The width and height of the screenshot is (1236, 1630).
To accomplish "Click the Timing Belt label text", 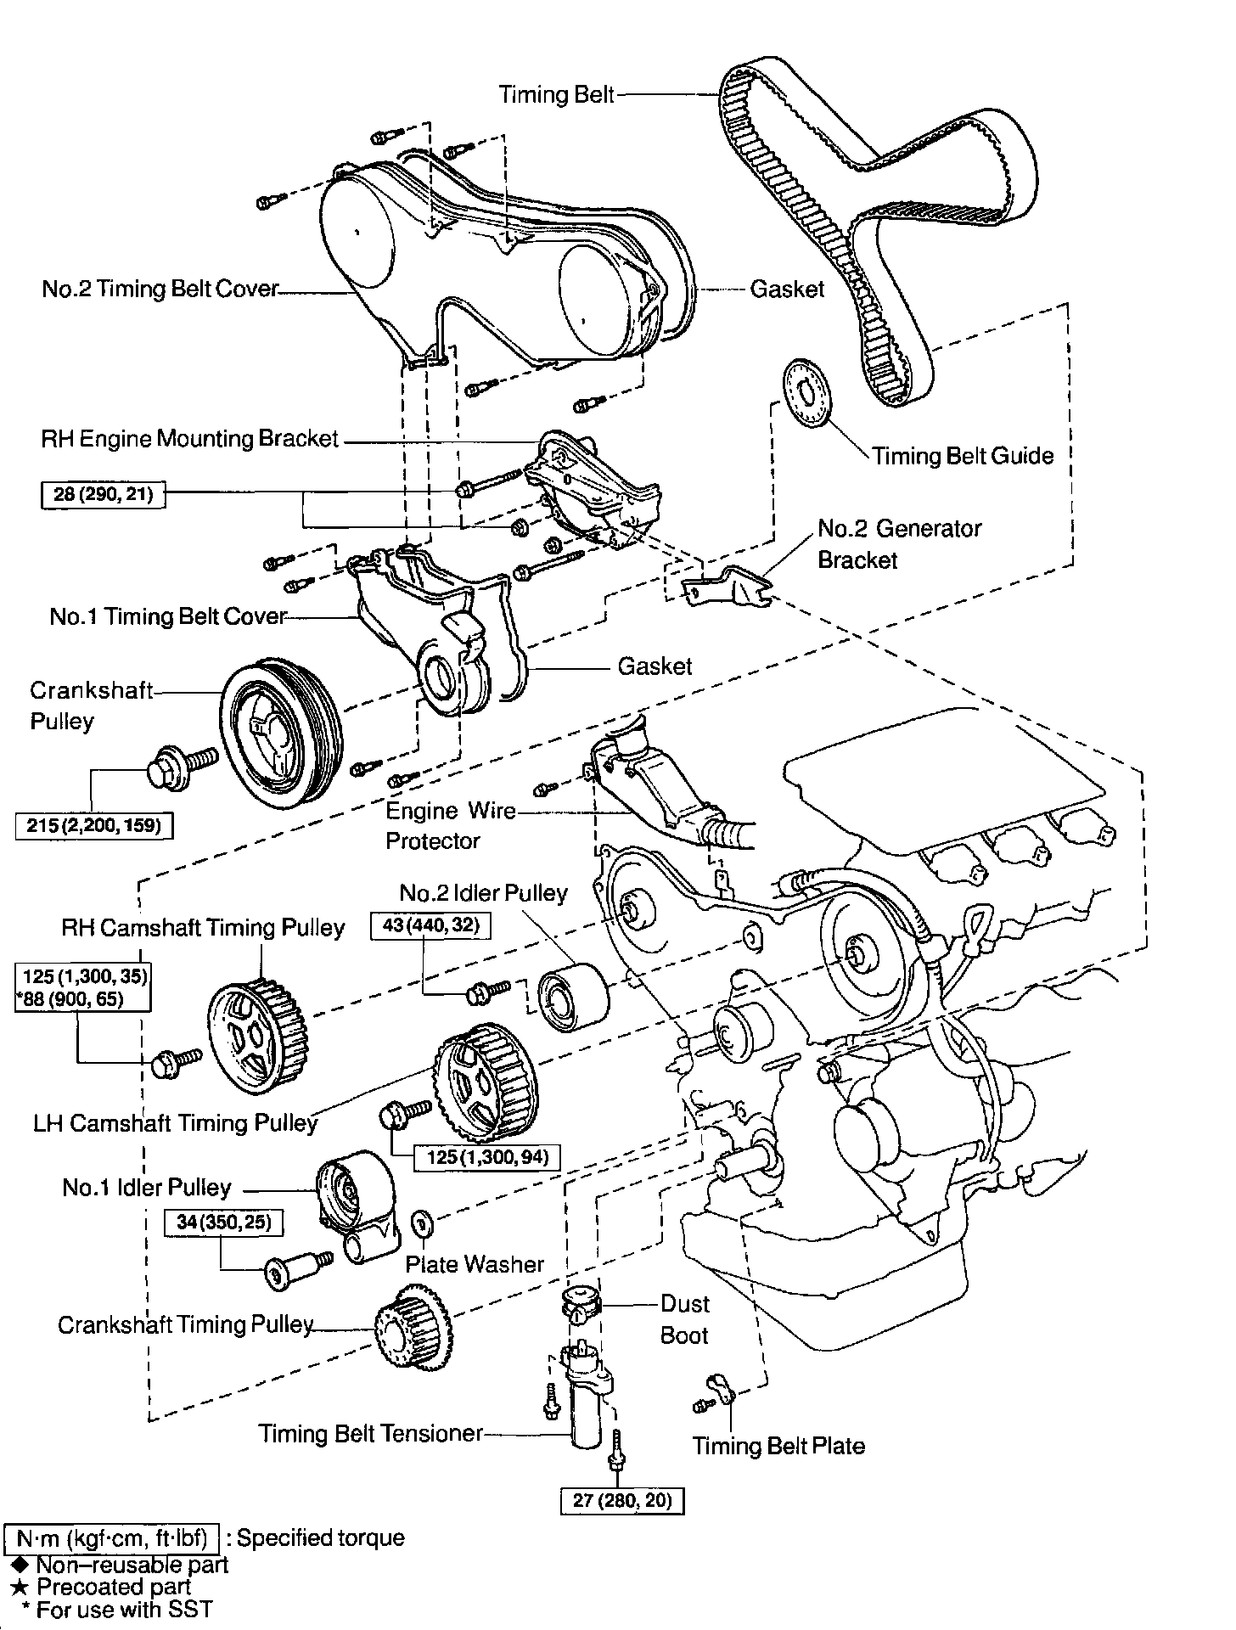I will pos(556,94).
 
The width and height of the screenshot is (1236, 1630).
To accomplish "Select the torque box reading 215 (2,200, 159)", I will pos(94,824).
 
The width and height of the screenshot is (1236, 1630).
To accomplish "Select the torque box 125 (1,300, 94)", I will pos(487,1156).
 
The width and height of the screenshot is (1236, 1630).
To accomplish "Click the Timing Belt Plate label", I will pos(778,1446).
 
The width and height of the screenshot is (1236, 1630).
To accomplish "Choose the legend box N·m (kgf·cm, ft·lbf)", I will pos(112,1537).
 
